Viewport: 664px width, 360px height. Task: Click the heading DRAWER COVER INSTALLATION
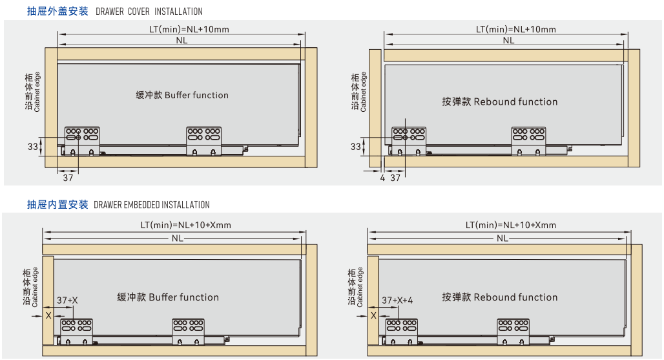coord(149,12)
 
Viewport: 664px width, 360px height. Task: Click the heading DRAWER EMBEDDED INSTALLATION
coord(151,205)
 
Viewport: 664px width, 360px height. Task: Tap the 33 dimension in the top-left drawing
coord(33,147)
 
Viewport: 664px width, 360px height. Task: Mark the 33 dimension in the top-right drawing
coord(356,147)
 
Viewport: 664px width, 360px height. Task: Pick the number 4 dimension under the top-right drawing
coord(382,178)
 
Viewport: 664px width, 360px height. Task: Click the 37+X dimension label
coord(67,301)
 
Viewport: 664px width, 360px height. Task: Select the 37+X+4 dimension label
coord(397,301)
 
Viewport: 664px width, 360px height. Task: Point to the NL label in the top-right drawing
coord(509,40)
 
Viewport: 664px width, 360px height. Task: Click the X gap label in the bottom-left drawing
coord(48,315)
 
